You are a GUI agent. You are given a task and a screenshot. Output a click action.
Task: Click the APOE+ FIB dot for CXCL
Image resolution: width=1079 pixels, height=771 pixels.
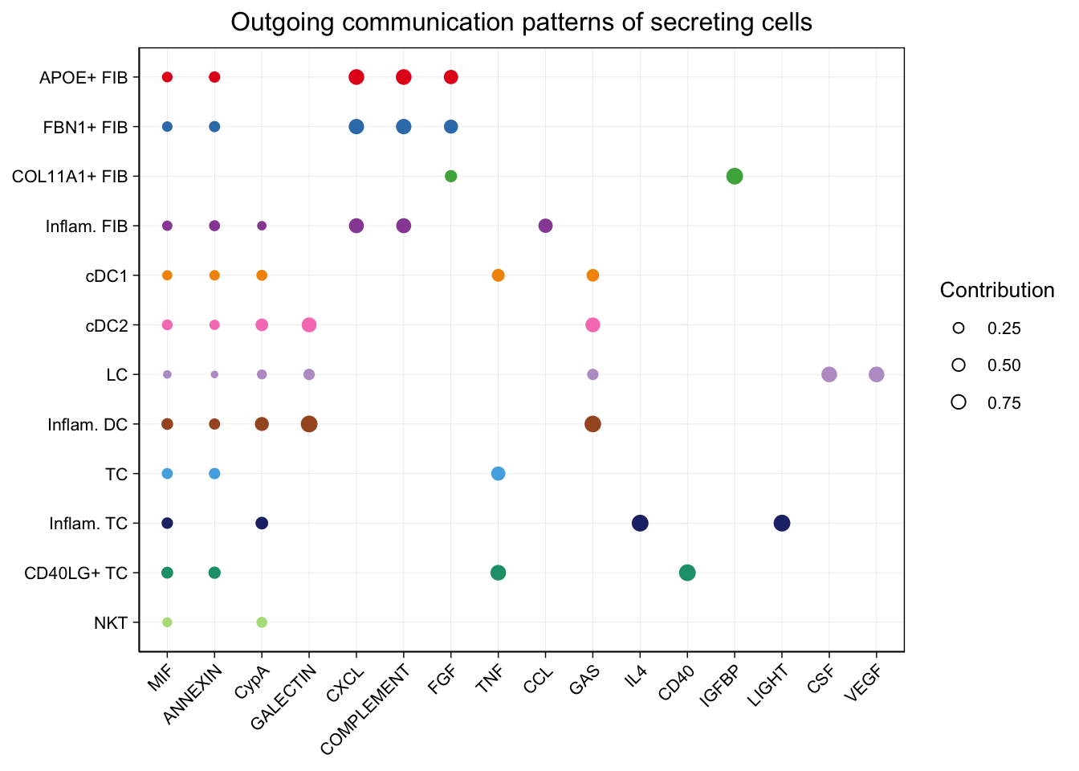pos(356,77)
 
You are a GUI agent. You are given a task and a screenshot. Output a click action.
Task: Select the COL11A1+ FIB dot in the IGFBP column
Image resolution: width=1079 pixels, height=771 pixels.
pos(735,176)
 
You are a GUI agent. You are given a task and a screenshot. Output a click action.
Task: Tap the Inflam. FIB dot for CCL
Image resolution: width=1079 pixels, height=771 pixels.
pos(545,226)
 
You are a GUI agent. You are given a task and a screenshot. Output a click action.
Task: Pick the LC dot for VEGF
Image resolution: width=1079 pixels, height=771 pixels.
pos(877,374)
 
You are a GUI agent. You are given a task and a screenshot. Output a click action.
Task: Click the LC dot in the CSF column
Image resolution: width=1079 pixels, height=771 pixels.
pos(829,374)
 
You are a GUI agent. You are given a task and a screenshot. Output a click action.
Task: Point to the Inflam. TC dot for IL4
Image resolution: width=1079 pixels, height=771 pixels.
pos(640,523)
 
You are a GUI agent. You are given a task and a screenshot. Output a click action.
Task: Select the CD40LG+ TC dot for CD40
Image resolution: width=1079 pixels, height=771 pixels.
pos(687,573)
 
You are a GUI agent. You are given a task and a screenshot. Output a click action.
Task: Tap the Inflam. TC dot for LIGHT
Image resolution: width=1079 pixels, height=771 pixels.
pos(782,523)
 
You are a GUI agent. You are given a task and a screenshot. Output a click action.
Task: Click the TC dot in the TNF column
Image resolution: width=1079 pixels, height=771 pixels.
pos(498,474)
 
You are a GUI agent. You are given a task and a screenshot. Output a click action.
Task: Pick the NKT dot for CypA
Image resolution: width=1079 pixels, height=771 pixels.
pos(262,622)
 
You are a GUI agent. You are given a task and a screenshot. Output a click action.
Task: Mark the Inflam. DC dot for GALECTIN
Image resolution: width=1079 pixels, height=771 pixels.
pos(309,424)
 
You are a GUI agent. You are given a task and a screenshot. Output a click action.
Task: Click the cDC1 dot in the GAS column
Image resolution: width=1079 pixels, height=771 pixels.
pos(592,275)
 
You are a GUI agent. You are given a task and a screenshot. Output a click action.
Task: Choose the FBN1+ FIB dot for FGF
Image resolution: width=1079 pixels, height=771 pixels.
pos(451,127)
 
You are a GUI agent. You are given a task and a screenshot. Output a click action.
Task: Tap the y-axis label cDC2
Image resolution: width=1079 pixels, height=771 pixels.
pos(107,325)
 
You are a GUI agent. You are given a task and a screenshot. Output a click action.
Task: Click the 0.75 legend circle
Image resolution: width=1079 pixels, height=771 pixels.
pos(958,402)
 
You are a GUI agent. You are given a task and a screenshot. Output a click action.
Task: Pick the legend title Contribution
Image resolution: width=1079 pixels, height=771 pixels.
pos(997,291)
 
